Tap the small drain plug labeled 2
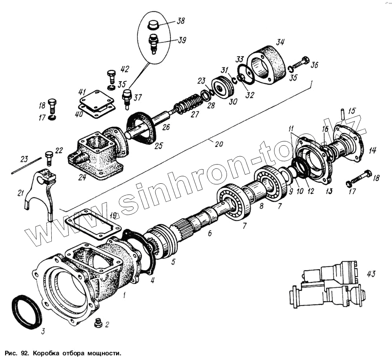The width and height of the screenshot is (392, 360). (98, 323)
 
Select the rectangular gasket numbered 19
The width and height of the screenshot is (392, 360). (93, 225)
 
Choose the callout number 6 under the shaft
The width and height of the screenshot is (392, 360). (209, 234)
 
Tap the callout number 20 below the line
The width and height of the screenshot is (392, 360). (219, 144)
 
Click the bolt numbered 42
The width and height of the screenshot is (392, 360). (111, 75)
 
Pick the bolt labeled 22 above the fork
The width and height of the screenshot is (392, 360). (49, 157)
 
